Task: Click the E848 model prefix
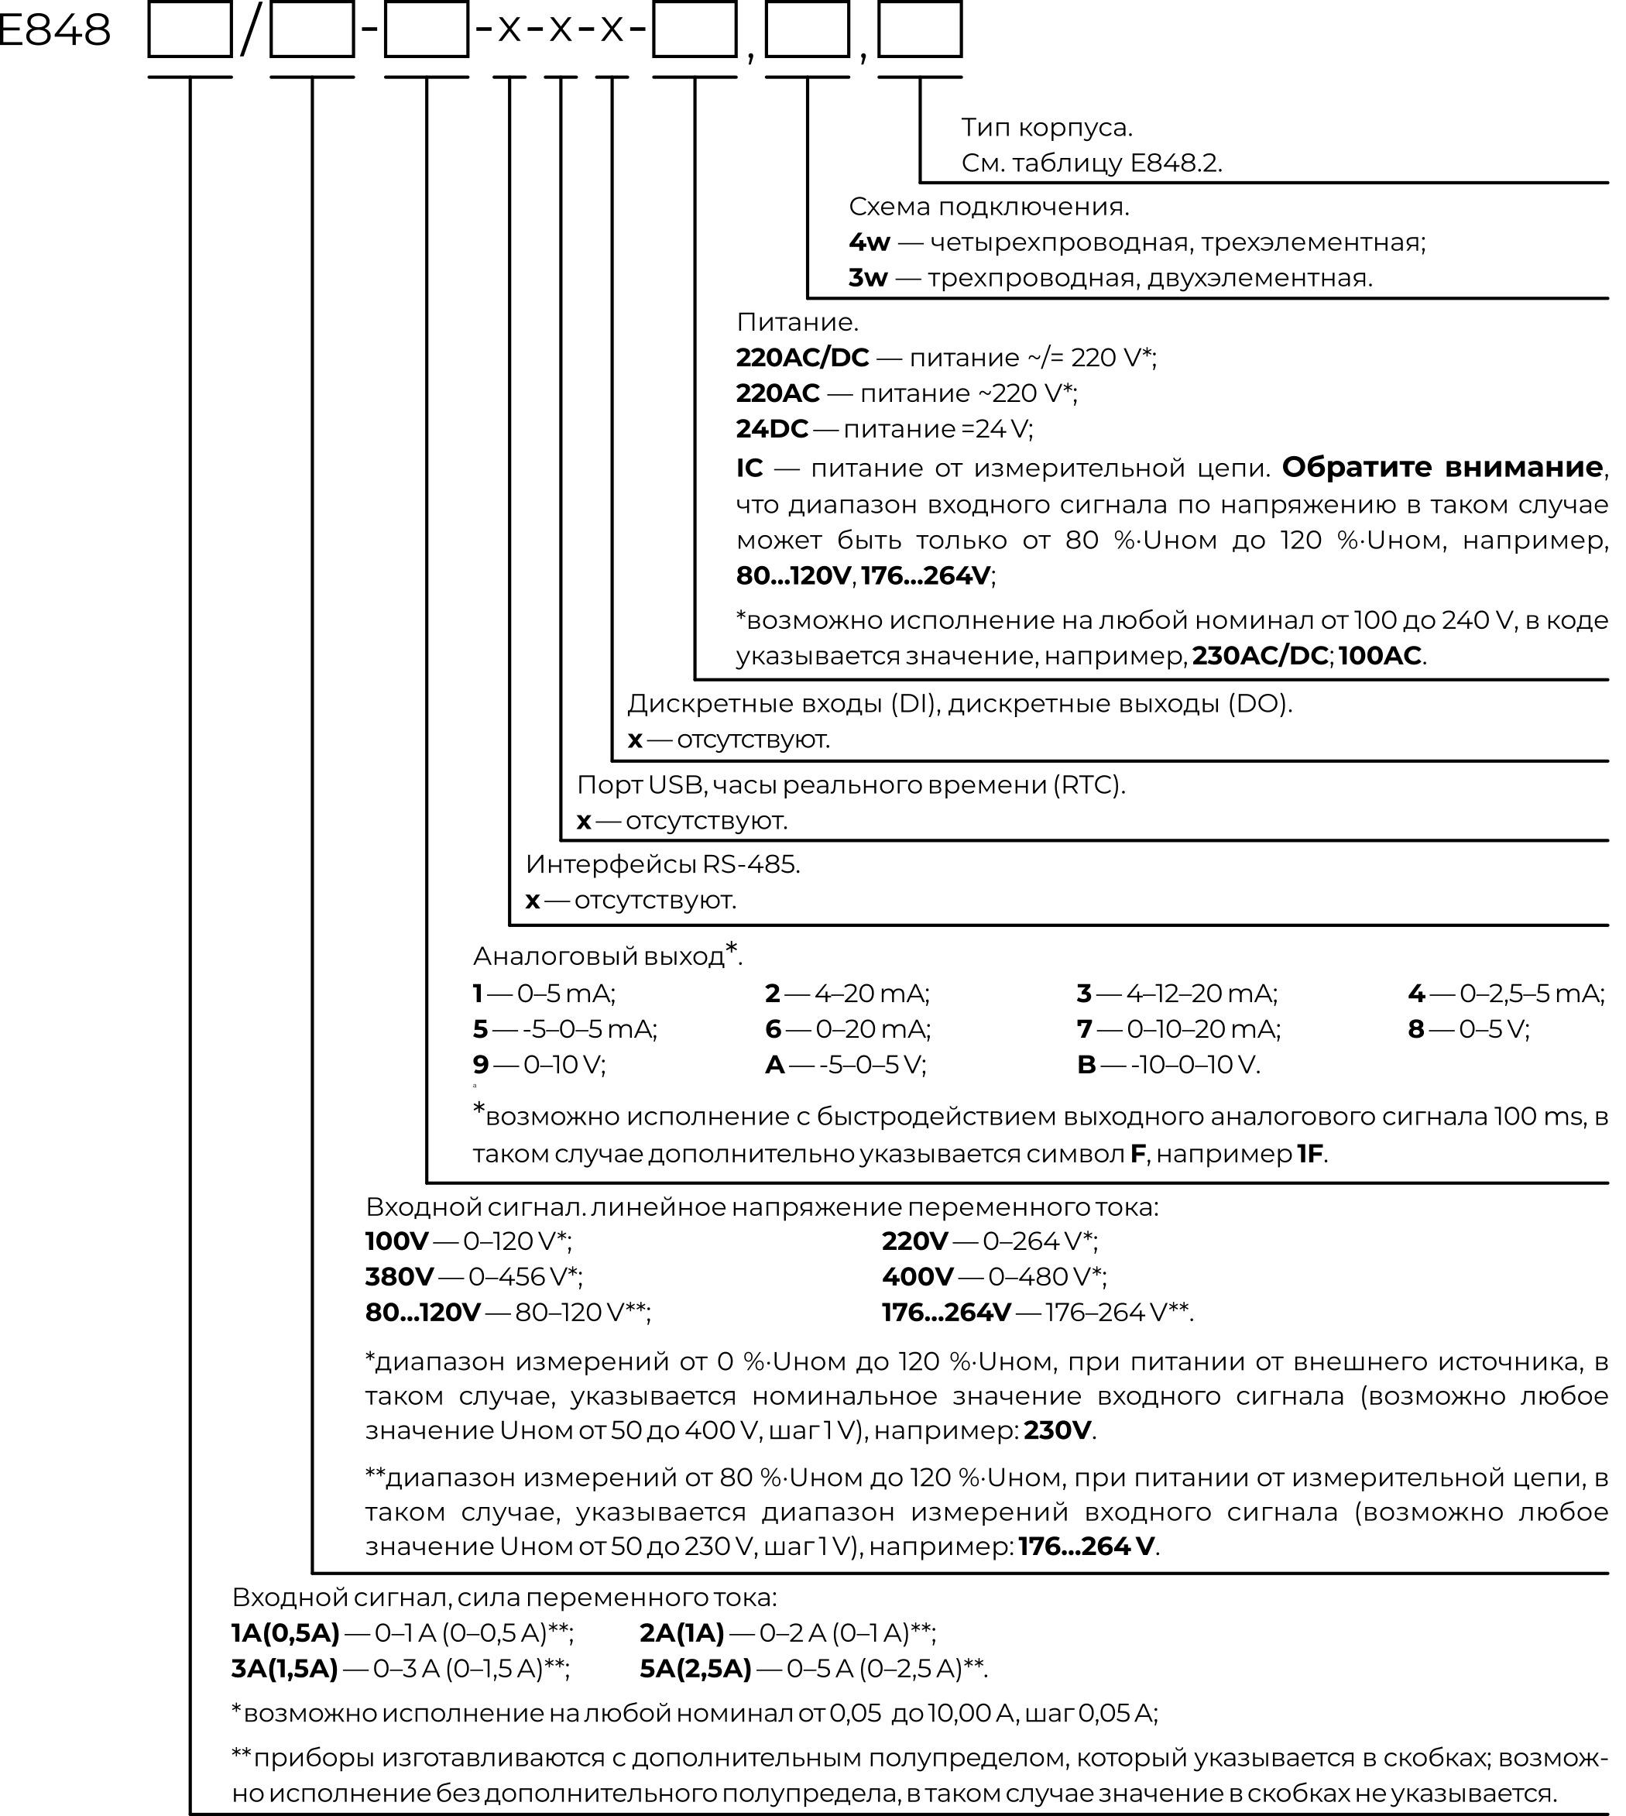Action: click(53, 30)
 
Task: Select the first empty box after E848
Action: click(190, 30)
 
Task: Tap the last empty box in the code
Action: click(919, 30)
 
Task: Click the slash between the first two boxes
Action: click(251, 30)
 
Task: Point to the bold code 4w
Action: click(870, 242)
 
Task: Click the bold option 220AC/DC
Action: click(802, 358)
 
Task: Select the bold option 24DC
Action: click(772, 429)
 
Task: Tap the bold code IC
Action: click(750, 468)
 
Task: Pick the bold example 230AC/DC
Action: click(1260, 655)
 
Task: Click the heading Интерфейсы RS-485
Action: click(663, 864)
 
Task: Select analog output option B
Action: click(1086, 1064)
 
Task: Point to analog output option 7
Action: click(1085, 1028)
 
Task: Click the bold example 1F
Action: click(1310, 1154)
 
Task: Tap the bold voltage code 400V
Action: click(917, 1276)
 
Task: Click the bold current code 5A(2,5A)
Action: click(696, 1669)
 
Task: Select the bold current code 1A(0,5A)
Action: click(286, 1632)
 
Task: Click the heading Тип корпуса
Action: click(1046, 128)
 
